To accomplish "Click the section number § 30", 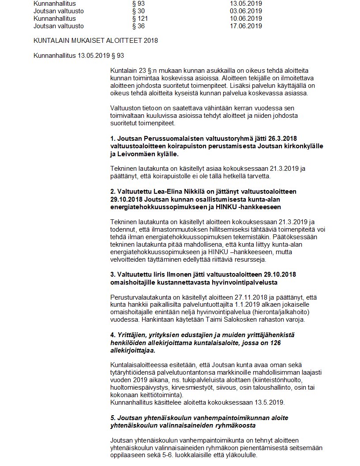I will (x=138, y=11).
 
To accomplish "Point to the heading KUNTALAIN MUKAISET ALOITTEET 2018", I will (x=96, y=41).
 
